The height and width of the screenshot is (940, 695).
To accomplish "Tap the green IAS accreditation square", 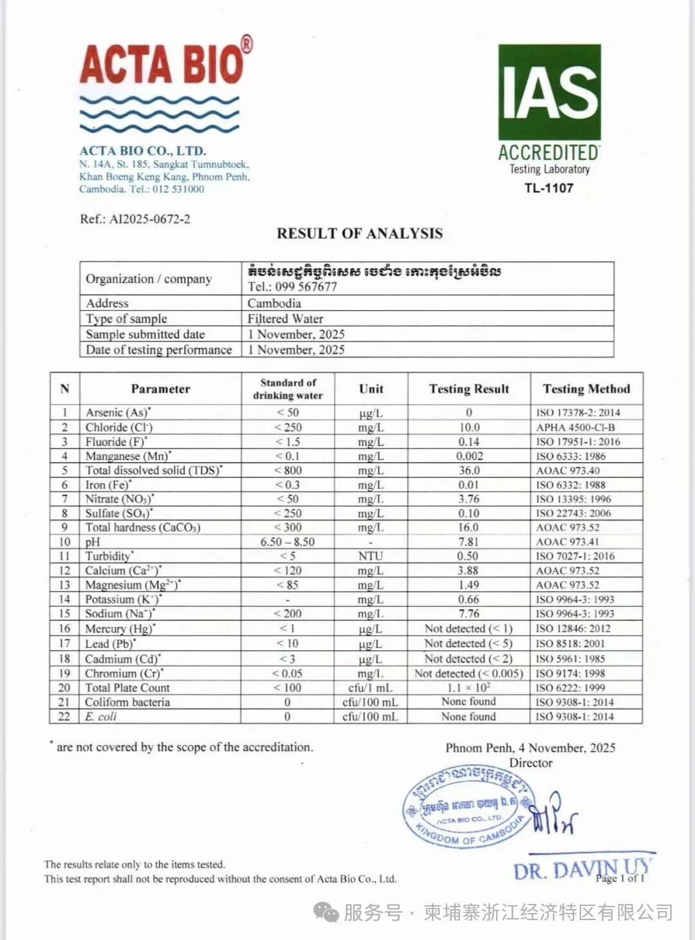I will click(x=549, y=91).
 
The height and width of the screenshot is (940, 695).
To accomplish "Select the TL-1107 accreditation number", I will click(x=548, y=188).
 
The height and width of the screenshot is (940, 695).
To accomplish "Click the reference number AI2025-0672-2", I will click(x=149, y=219).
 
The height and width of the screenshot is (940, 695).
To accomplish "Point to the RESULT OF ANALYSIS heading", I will click(x=360, y=234).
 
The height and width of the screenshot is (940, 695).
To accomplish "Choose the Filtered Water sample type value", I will click(x=285, y=318).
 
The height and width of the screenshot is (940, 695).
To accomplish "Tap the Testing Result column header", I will click(x=468, y=389).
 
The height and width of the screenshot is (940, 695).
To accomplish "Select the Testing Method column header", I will click(x=586, y=389).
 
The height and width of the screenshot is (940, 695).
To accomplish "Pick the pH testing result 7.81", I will click(x=468, y=542).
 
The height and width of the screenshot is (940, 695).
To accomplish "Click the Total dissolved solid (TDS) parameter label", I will click(x=153, y=470).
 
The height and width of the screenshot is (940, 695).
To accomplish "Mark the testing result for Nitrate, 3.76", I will click(x=468, y=499).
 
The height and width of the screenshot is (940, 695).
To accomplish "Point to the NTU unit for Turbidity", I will click(x=371, y=556).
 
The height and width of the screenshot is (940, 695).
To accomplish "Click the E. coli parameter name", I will click(x=101, y=717).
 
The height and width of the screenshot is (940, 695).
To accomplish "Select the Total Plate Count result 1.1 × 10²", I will click(x=468, y=688).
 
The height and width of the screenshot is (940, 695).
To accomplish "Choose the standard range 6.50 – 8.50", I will click(x=288, y=542).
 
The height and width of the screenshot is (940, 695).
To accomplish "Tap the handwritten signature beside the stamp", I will click(x=553, y=815).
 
